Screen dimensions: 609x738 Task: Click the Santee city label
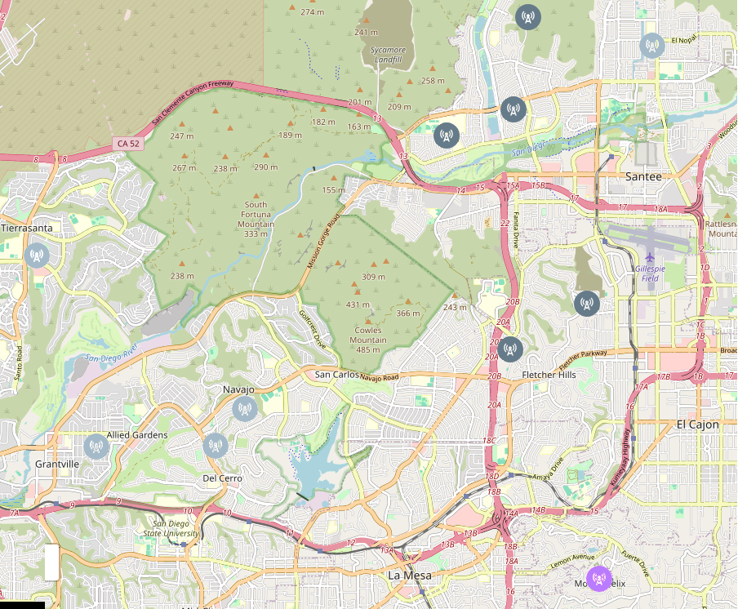(x=642, y=176)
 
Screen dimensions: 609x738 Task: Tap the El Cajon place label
(x=697, y=425)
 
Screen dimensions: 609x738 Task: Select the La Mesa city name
(x=409, y=576)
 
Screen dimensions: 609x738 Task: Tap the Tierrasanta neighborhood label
(x=27, y=228)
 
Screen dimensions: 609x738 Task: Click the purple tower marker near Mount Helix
(x=599, y=579)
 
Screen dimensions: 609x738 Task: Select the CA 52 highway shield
(x=128, y=144)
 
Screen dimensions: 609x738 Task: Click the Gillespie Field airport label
(x=650, y=273)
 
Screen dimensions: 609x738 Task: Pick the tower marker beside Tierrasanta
(x=37, y=256)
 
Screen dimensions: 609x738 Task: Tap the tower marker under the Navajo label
(x=244, y=409)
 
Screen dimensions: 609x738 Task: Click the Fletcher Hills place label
(x=549, y=375)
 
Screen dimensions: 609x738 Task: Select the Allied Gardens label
(x=137, y=435)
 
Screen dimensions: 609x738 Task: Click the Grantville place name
(x=58, y=464)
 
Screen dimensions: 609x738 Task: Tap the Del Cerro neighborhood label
(x=222, y=478)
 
